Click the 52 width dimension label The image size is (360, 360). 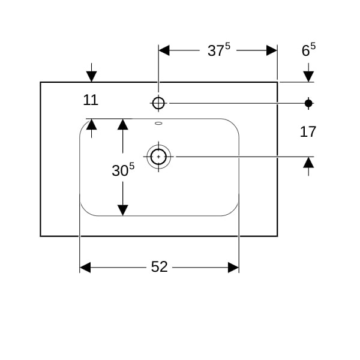(x=159, y=267)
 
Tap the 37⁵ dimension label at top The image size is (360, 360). (x=219, y=51)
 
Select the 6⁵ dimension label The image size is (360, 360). (x=308, y=50)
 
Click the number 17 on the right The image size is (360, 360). (x=308, y=131)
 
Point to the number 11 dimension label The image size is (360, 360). (x=91, y=100)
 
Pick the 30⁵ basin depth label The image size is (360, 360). (x=123, y=170)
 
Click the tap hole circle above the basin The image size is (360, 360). (x=158, y=103)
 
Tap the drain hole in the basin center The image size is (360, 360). (x=158, y=156)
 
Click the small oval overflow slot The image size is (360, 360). (x=158, y=124)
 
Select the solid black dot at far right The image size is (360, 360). (x=308, y=103)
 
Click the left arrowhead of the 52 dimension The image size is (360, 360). (x=85, y=267)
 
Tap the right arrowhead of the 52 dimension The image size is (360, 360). (x=233, y=267)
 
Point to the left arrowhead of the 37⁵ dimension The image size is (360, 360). (x=164, y=50)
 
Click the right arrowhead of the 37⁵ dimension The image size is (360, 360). (x=271, y=50)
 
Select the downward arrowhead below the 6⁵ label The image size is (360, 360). (x=308, y=76)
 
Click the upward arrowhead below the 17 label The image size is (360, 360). (x=308, y=162)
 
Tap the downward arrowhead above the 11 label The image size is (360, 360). (x=91, y=76)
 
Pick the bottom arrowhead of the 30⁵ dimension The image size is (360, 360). (x=123, y=210)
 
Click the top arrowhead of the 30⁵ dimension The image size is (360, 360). (x=123, y=124)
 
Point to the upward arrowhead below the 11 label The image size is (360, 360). (x=91, y=124)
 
